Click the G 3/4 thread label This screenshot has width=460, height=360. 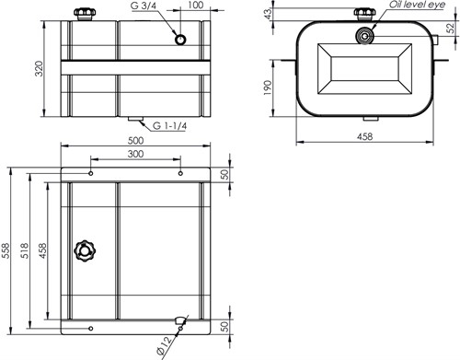[x=144, y=6]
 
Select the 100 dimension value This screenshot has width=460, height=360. [x=196, y=5]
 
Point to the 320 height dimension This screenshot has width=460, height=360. [x=40, y=68]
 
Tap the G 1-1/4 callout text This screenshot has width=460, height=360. [x=169, y=126]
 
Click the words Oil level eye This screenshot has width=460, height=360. [x=417, y=5]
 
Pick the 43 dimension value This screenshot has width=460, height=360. [x=268, y=14]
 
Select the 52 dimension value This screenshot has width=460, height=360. [x=451, y=29]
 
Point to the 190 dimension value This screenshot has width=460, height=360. [x=268, y=87]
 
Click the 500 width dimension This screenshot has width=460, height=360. [x=135, y=140]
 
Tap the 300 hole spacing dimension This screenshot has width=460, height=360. [x=135, y=154]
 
